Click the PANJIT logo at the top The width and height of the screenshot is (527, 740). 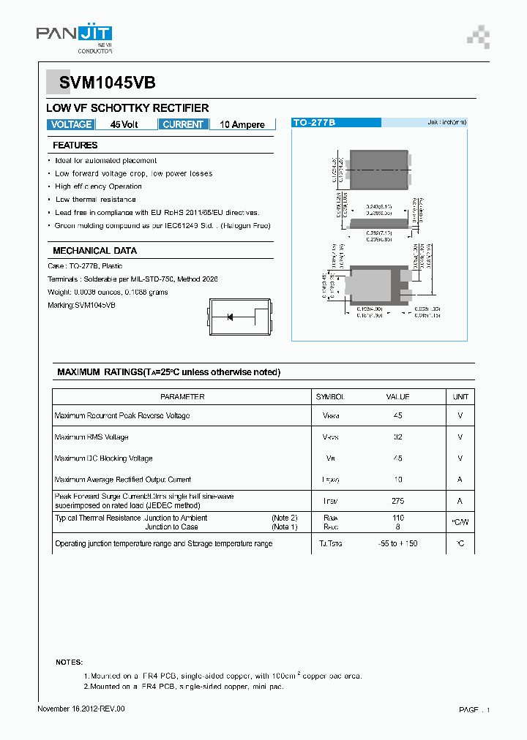(x=74, y=35)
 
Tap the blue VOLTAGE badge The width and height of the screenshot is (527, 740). (x=71, y=124)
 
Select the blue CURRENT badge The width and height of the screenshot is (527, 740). (x=183, y=124)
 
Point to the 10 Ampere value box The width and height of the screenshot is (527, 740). (x=242, y=125)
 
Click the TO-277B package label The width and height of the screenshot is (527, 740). (x=314, y=123)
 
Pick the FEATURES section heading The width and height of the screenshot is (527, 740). (x=75, y=146)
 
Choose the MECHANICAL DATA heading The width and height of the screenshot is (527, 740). (x=94, y=250)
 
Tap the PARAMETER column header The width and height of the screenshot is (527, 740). (x=182, y=397)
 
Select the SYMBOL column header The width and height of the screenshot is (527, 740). (x=330, y=397)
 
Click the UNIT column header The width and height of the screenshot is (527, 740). (x=460, y=397)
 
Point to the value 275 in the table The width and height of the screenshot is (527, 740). (x=397, y=502)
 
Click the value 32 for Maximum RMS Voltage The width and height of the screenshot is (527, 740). (x=397, y=437)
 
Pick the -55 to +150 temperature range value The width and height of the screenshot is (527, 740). (x=397, y=544)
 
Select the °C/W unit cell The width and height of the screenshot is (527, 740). (x=460, y=522)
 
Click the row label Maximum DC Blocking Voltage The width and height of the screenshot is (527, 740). (x=103, y=458)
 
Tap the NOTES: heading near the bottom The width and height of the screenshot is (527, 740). (x=70, y=662)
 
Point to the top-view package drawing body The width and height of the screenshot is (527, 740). (x=378, y=170)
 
